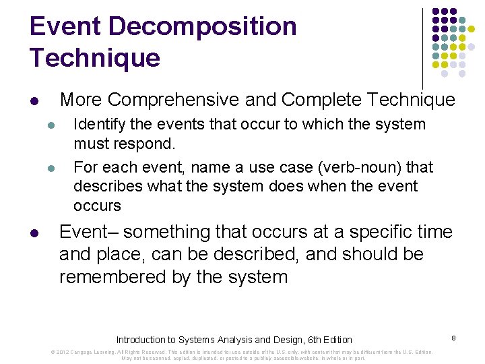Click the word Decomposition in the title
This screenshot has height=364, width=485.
(201, 27)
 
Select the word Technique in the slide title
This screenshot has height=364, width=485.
(95, 59)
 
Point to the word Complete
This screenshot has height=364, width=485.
(317, 100)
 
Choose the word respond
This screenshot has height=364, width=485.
(150, 144)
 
